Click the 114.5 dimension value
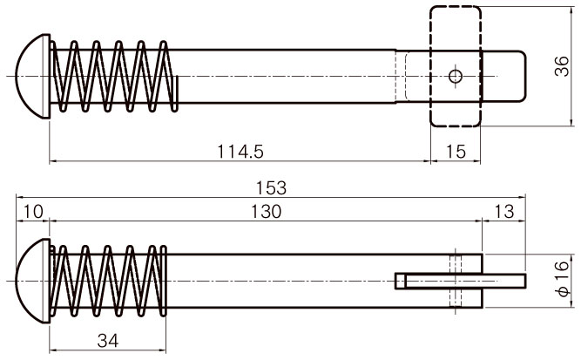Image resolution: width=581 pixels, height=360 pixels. tap(240, 152)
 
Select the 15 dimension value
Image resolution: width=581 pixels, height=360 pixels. tap(456, 152)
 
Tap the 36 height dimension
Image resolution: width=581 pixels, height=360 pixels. tap(562, 66)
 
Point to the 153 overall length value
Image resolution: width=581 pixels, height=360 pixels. tap(271, 188)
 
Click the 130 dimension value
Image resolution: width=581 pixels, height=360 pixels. tap(266, 212)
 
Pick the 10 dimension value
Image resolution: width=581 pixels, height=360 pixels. tap(33, 212)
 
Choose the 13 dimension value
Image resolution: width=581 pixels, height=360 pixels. tap(504, 212)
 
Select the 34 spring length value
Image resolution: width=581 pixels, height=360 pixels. tap(108, 340)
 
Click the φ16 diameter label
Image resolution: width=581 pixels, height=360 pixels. tap(563, 278)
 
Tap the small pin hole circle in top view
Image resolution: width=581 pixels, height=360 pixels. tap(456, 77)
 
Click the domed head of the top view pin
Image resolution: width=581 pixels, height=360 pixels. tap(32, 77)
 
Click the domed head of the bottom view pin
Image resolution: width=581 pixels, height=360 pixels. tap(32, 281)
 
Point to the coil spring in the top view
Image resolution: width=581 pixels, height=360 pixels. tap(114, 77)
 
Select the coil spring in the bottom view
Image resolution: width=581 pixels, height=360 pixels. tap(108, 281)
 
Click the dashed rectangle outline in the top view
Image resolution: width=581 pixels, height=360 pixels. tap(430, 67)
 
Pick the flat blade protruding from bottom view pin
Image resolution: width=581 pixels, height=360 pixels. tap(460, 281)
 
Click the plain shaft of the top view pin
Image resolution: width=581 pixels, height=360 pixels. tap(286, 77)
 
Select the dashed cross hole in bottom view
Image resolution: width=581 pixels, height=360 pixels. tap(456, 281)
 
